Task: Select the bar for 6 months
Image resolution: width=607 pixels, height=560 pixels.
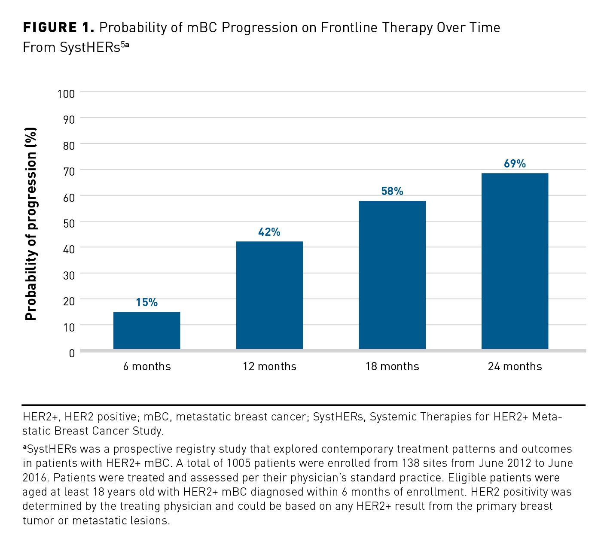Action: [146, 330]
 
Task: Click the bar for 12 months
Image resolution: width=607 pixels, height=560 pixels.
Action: [269, 295]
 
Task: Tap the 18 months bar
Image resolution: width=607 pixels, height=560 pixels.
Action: [392, 275]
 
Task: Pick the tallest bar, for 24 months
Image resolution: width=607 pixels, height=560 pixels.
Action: [515, 261]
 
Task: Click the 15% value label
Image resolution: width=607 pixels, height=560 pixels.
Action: [146, 302]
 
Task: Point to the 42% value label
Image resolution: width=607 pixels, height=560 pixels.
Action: [269, 232]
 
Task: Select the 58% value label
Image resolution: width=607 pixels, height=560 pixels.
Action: [392, 191]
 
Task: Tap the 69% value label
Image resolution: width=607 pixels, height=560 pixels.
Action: [515, 164]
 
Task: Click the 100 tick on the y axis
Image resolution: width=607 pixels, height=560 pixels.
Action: [66, 94]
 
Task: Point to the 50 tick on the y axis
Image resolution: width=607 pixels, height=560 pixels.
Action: [69, 223]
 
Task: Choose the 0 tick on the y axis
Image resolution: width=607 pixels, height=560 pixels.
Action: [72, 353]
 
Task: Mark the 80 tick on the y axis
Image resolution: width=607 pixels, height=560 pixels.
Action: [69, 146]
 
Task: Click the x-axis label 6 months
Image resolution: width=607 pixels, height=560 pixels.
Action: [147, 366]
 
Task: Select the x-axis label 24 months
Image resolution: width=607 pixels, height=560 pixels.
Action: [515, 366]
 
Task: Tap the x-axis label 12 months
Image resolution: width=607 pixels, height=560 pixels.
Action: [269, 366]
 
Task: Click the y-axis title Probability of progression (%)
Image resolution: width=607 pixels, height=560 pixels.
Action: [31, 224]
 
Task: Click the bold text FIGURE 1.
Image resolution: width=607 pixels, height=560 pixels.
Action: [58, 28]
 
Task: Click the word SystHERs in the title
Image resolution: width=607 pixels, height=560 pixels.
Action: [90, 48]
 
